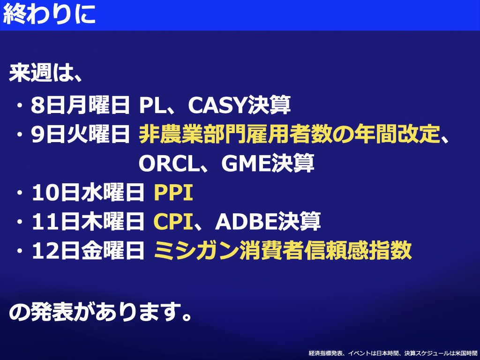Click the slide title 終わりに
point(49,14)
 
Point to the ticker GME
point(246,163)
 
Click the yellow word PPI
point(173,193)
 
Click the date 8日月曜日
point(80,105)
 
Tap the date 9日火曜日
point(80,135)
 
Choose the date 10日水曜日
point(88,193)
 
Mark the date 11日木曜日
point(88,222)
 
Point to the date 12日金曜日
point(88,250)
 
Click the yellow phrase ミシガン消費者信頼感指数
point(283,250)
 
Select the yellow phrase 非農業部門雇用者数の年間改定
point(289,135)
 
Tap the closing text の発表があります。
point(100,312)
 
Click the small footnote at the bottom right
point(393,353)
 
